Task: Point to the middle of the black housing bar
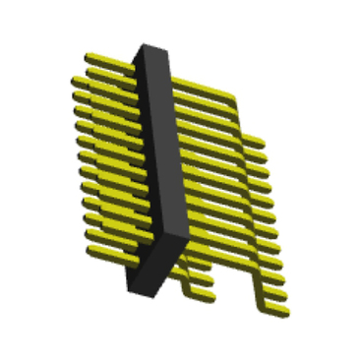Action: pos(160,167)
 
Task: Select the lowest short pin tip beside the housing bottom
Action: pos(210,295)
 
